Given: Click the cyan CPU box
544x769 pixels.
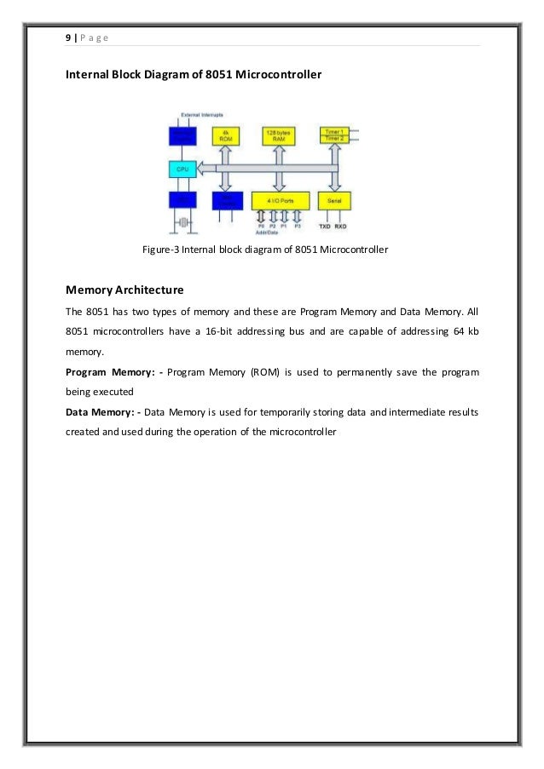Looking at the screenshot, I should click(x=183, y=169).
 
